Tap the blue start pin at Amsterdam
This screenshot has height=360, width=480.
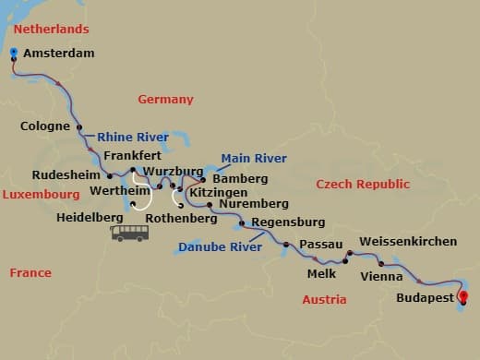pyautogui.click(x=15, y=54)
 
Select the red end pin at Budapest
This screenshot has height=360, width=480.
pyautogui.click(x=462, y=297)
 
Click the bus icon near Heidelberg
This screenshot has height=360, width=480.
pyautogui.click(x=131, y=232)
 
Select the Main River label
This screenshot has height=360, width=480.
pyautogui.click(x=253, y=158)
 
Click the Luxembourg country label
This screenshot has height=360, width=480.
pyautogui.click(x=41, y=196)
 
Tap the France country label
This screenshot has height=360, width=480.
pyautogui.click(x=30, y=272)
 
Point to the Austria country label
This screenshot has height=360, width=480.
pyautogui.click(x=325, y=299)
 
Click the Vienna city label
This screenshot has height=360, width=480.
pyautogui.click(x=381, y=276)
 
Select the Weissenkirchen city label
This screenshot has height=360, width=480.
pyautogui.click(x=407, y=242)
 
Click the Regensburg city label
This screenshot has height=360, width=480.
pyautogui.click(x=287, y=222)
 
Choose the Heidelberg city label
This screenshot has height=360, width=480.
pyautogui.click(x=90, y=216)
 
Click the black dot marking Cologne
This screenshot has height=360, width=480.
pyautogui.click(x=79, y=127)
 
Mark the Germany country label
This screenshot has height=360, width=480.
pyautogui.click(x=165, y=99)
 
